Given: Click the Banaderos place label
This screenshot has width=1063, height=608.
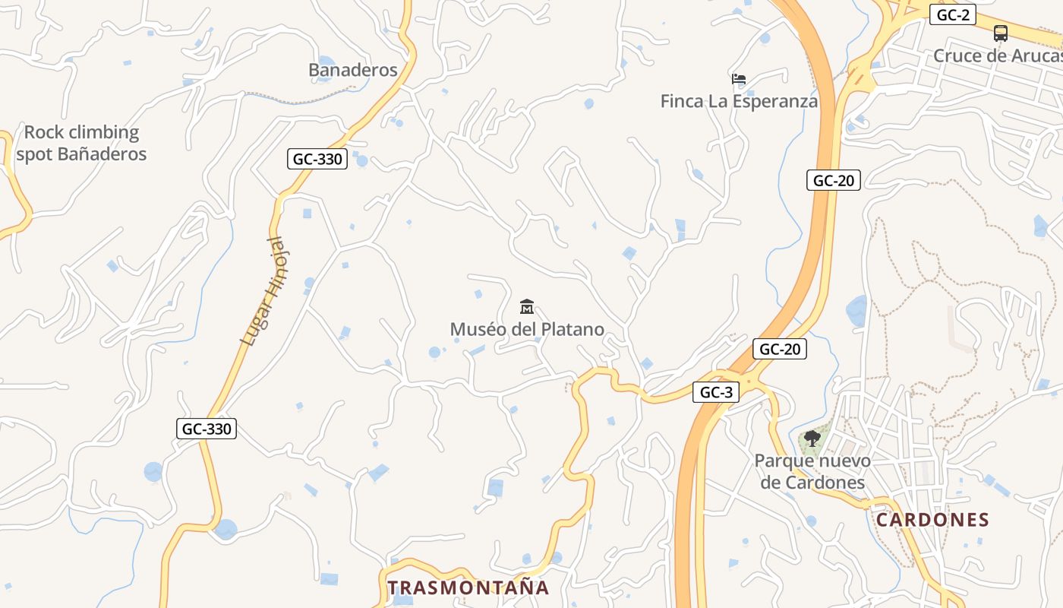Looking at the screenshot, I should [352, 70].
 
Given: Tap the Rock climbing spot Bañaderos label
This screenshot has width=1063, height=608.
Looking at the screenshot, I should [81, 143].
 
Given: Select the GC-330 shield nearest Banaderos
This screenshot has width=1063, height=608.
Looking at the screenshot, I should [317, 159].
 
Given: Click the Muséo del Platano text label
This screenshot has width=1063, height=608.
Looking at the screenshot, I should [527, 329].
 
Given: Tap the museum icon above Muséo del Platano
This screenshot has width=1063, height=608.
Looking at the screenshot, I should [527, 307].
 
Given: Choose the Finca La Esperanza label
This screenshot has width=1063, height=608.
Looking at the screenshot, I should [739, 101].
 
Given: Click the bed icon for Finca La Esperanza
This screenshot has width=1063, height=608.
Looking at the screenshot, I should [739, 79].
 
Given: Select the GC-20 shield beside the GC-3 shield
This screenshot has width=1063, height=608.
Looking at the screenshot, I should [780, 349].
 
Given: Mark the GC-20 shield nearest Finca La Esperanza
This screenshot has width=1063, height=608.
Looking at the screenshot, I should [833, 180].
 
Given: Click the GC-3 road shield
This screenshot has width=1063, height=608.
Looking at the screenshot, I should [715, 392].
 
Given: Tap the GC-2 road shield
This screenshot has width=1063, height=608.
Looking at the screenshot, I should [952, 14].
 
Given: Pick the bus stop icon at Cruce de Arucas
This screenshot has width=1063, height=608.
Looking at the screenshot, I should [1001, 33].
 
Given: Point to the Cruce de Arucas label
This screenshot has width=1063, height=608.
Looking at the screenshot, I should [997, 55].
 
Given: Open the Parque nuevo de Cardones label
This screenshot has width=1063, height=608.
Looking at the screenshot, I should [812, 471].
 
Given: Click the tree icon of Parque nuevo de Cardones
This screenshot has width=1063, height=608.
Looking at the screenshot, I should [812, 439].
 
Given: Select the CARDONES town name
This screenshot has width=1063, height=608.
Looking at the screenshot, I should [932, 520].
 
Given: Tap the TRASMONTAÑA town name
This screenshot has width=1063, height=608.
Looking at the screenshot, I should [468, 587].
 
